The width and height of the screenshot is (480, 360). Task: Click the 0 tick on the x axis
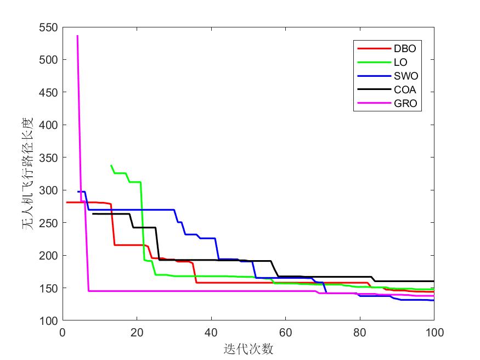(63, 332)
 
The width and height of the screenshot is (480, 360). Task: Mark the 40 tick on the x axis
(211, 332)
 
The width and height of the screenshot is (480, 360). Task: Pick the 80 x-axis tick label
(360, 332)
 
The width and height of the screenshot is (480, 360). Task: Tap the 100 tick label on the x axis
(434, 332)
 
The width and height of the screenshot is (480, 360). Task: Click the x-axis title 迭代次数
(249, 349)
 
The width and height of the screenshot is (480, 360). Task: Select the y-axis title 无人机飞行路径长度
(29, 173)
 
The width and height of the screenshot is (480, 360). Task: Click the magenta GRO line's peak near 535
(77, 36)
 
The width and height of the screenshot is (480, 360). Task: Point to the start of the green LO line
(111, 165)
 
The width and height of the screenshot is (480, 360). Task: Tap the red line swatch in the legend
(369, 48)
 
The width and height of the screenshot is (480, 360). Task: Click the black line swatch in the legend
(369, 90)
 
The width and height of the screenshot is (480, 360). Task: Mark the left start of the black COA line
(92, 213)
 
